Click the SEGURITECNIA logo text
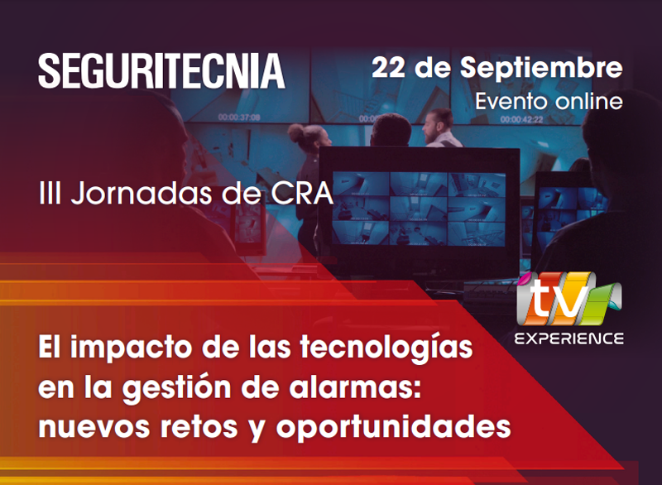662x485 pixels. [x=161, y=71]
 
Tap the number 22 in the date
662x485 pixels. [x=388, y=68]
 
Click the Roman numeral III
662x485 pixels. [x=50, y=194]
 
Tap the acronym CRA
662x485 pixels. [x=301, y=194]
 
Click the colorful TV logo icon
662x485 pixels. [x=568, y=299]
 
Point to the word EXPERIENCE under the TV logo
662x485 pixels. [x=568, y=339]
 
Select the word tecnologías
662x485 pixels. [x=386, y=348]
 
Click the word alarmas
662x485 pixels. [x=355, y=387]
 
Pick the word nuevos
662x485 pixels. [x=94, y=427]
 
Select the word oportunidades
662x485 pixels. [x=393, y=427]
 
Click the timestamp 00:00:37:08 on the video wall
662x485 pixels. [x=239, y=117]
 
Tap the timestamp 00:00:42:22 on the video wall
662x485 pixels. [x=522, y=120]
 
